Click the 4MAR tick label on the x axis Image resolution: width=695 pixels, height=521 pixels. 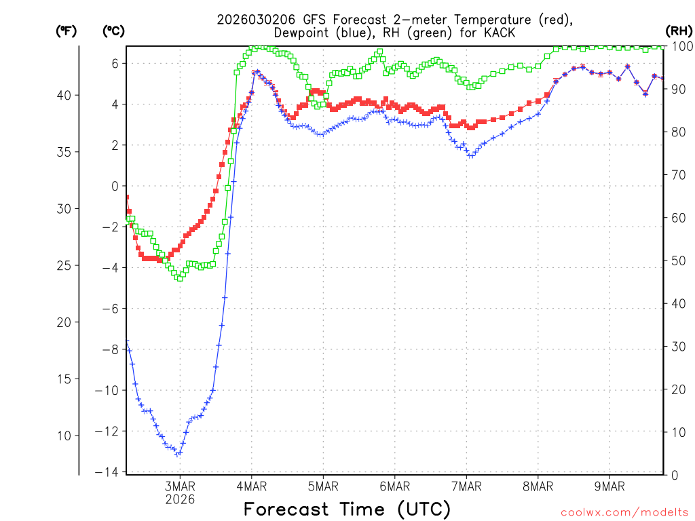251,486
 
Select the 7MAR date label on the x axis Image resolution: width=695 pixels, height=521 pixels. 466,486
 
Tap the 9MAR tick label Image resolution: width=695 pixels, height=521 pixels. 609,486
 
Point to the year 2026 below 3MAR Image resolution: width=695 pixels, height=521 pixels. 179,499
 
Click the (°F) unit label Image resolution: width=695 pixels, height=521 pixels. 66,31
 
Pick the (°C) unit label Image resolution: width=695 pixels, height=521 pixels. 113,31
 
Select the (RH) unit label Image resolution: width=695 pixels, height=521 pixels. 678,31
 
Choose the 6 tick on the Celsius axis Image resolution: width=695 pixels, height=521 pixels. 115,63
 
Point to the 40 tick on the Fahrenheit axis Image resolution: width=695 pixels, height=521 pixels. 64,95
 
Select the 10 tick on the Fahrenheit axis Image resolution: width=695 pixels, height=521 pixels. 64,435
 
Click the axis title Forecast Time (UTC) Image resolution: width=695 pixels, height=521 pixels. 347,509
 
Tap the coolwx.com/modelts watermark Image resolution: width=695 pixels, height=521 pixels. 624,512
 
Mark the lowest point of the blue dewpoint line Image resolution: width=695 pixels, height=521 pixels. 177,454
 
